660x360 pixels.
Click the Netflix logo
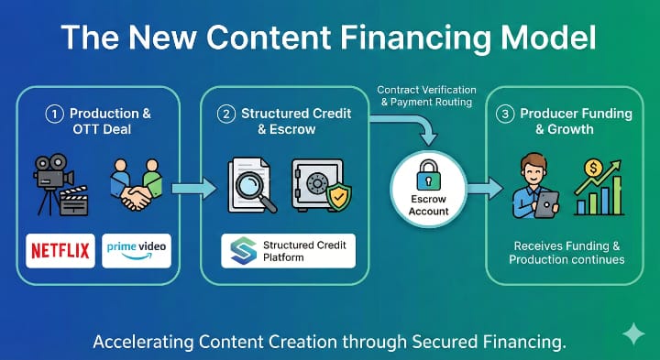point(60,249)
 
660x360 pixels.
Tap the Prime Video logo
point(137,249)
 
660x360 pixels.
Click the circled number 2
point(224,114)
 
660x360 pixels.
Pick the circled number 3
point(503,114)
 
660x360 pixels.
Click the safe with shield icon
point(320,185)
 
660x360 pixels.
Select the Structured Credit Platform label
point(289,250)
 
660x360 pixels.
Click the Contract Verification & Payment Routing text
point(426,96)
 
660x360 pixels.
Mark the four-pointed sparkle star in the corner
point(632,334)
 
